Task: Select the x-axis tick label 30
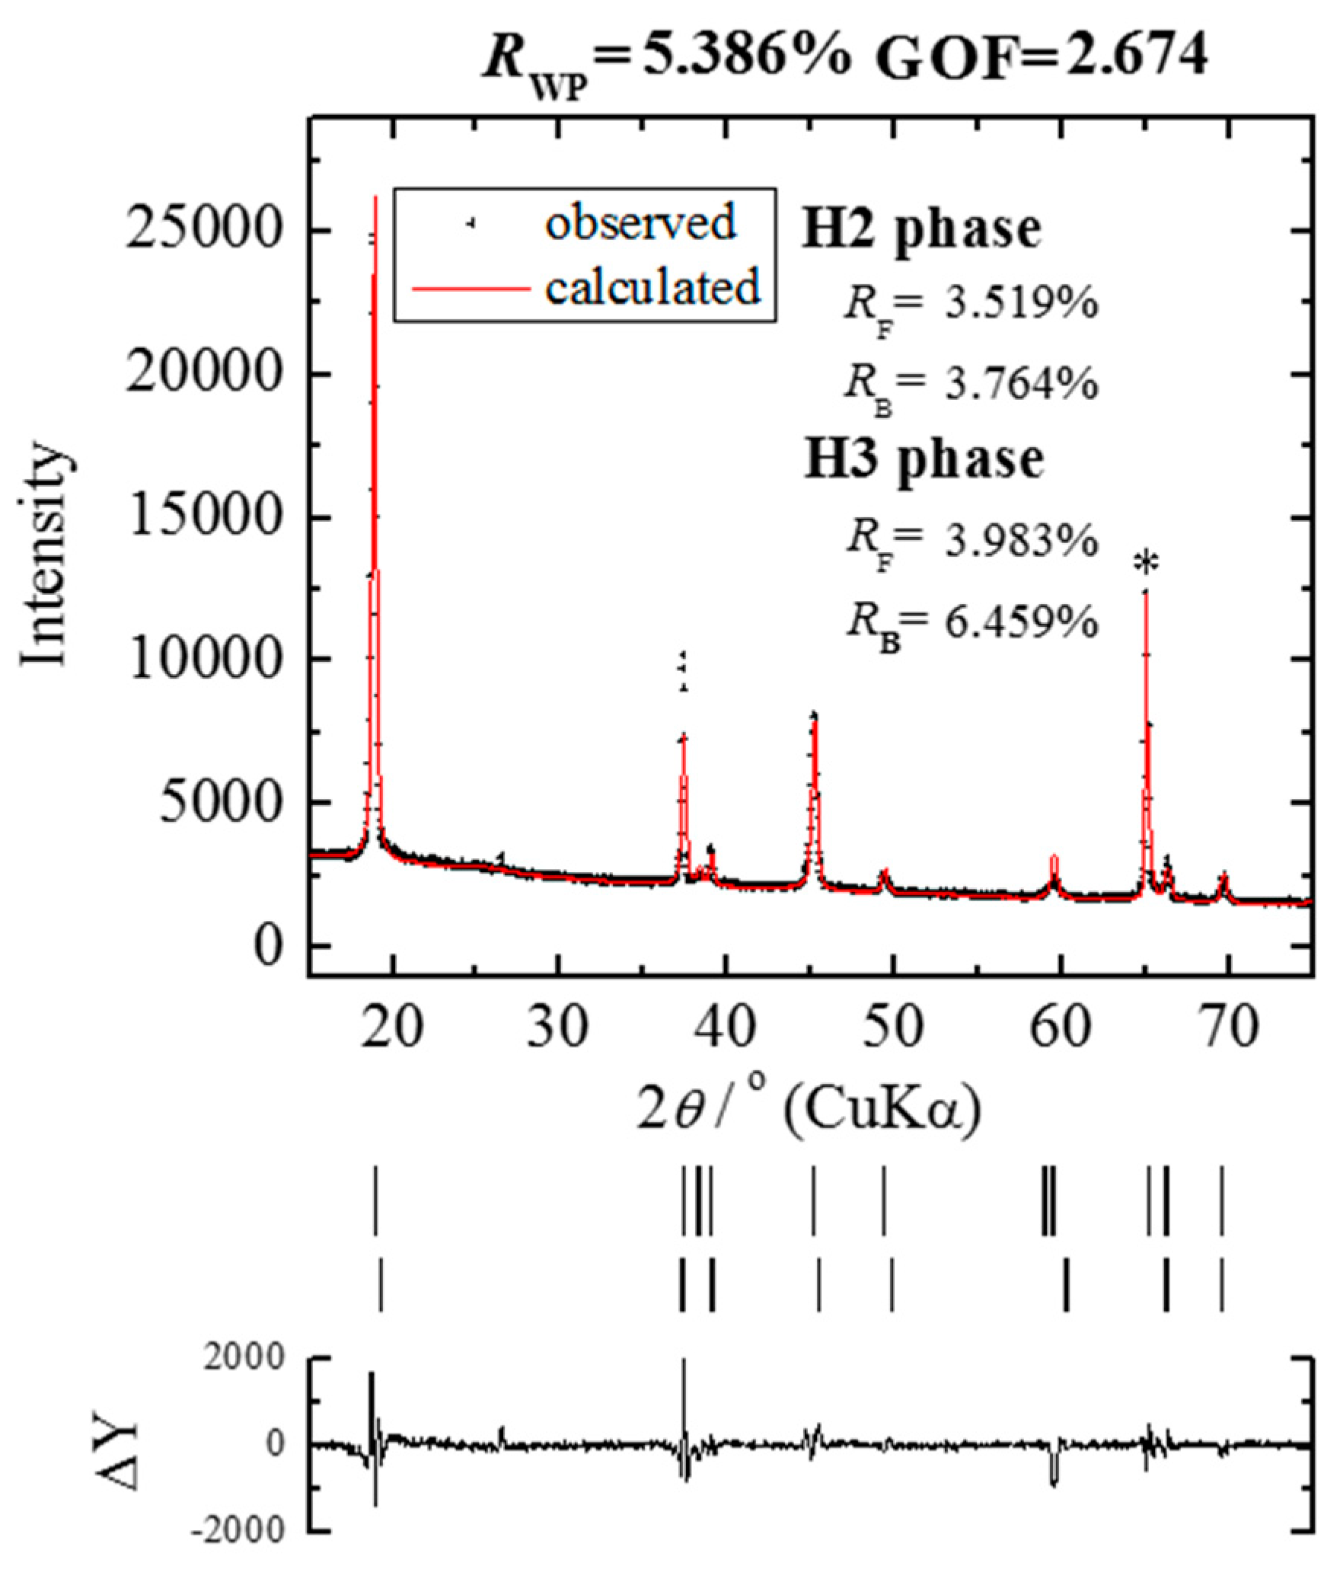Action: (x=560, y=1027)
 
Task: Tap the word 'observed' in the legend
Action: (x=640, y=222)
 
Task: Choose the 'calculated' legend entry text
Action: (x=652, y=287)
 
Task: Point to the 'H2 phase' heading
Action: (x=921, y=229)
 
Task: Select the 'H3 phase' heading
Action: (x=924, y=459)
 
